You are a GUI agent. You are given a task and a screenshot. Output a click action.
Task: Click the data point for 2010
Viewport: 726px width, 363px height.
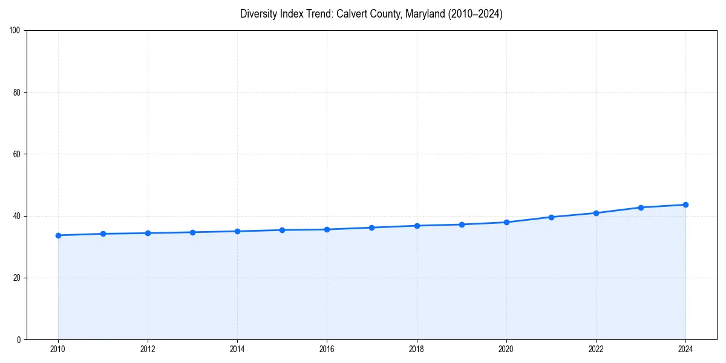[x=58, y=235]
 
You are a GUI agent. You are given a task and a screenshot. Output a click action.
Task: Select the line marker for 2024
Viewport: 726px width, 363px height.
[x=685, y=204]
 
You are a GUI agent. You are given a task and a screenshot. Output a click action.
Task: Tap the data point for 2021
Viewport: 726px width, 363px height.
[x=551, y=217]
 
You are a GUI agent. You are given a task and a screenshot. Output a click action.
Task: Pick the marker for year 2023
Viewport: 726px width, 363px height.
[x=641, y=208]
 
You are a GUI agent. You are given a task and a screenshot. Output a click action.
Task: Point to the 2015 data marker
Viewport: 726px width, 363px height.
[x=282, y=230]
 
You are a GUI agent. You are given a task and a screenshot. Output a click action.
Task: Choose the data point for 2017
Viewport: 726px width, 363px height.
[x=371, y=227]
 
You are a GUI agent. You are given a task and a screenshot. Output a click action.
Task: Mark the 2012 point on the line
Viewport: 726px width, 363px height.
[x=148, y=233]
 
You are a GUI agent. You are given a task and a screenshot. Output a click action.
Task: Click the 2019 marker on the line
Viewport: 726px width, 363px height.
[x=462, y=224]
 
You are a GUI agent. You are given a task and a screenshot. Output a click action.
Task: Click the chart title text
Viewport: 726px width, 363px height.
[x=371, y=14]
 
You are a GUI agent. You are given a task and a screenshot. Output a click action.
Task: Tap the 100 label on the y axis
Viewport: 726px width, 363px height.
[x=15, y=31]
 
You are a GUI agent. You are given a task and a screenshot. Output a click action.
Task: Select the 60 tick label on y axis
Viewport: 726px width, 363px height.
[x=17, y=154]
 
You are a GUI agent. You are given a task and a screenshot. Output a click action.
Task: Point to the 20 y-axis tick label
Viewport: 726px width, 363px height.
[x=17, y=278]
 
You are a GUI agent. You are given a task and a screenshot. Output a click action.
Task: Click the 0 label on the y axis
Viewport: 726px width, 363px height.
[x=19, y=339]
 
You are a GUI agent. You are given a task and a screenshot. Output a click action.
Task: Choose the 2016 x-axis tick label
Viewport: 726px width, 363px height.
[x=327, y=349]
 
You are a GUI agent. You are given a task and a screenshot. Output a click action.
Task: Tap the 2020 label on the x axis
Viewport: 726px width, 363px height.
[x=506, y=349]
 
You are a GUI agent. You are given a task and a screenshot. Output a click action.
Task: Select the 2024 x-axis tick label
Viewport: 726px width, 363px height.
[x=685, y=349]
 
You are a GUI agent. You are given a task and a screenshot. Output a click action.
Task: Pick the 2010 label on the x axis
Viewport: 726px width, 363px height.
[x=58, y=349]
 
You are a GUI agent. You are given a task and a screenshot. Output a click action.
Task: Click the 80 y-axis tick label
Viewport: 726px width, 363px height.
[x=17, y=93]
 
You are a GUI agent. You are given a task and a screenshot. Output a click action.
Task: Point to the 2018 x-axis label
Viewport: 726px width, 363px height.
[x=416, y=349]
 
